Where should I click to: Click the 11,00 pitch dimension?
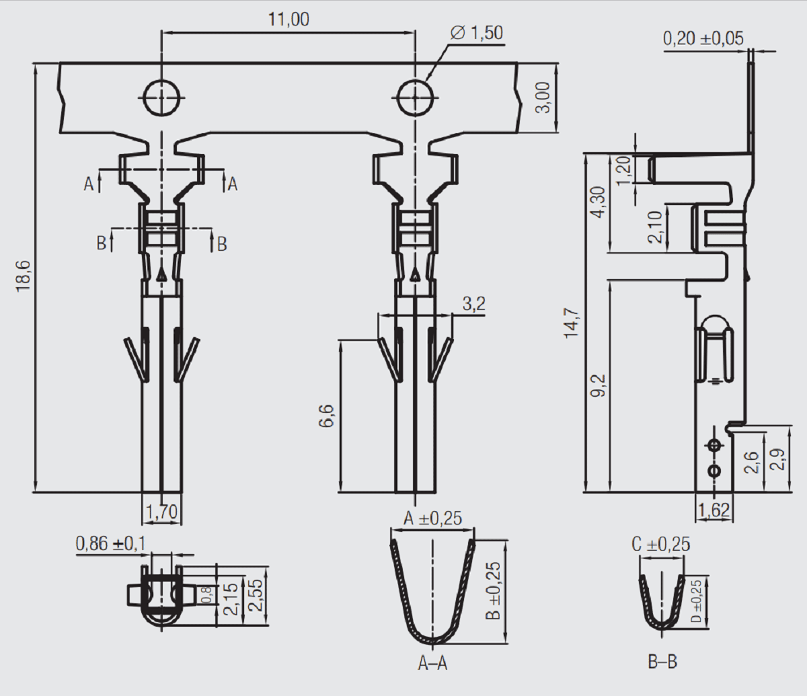(289, 19)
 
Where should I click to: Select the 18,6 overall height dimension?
(23, 276)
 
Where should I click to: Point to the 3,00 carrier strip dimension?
(543, 98)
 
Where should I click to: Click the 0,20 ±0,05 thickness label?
(703, 38)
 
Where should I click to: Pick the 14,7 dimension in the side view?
(571, 323)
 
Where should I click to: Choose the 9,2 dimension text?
(598, 386)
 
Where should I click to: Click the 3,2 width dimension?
(473, 305)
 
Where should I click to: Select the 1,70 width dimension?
(161, 512)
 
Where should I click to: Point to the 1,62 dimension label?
(714, 510)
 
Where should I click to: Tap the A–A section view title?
(432, 664)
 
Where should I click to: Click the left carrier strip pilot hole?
(161, 98)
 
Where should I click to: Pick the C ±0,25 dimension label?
(660, 544)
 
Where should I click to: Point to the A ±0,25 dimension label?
(432, 518)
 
